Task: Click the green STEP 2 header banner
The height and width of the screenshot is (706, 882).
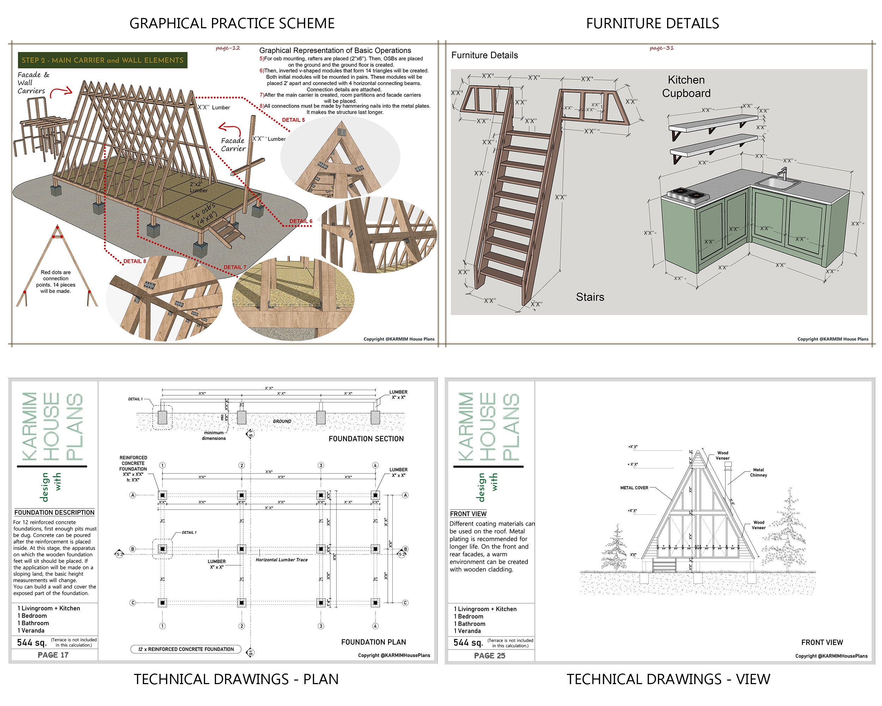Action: (102, 60)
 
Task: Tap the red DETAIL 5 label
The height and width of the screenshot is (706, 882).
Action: (293, 120)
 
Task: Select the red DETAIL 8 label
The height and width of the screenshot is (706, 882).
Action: (134, 261)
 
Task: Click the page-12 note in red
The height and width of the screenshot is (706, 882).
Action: (228, 48)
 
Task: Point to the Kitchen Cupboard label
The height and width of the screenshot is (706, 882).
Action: (686, 86)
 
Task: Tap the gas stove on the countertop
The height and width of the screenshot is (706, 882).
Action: (688, 193)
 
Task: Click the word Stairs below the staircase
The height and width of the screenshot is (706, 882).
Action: (590, 297)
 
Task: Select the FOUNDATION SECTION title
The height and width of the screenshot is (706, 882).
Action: (366, 439)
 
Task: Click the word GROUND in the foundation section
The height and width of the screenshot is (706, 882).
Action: (282, 421)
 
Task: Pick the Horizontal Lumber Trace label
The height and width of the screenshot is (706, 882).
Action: (282, 560)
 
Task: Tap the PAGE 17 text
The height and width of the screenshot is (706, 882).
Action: (53, 655)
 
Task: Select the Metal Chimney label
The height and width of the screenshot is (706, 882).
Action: (758, 472)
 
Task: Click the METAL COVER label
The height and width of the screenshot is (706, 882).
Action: (634, 488)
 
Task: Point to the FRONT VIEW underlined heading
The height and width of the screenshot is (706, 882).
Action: (468, 514)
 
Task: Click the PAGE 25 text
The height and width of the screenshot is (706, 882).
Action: (489, 656)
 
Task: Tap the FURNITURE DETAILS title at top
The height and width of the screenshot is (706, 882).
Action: (652, 23)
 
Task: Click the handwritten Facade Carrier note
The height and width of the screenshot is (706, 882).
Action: (233, 144)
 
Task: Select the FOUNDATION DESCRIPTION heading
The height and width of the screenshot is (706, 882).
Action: (54, 513)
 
